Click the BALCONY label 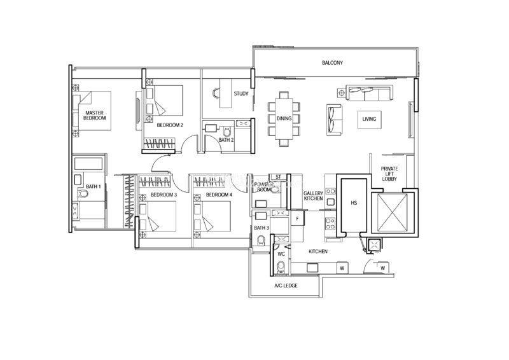coord(332,63)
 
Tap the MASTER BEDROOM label coord(94,115)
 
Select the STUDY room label coord(241,93)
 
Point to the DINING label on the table coord(284,118)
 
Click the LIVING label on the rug coord(369,119)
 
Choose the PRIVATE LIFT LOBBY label coord(389,174)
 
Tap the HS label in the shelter coord(354,203)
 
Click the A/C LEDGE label coord(286,286)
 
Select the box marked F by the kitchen coord(297,218)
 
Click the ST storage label coord(278,177)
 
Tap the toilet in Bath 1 coord(83,194)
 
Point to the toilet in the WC coord(281,267)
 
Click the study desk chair coord(216,93)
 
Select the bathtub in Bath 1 coord(88,163)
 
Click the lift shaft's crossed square coord(393,212)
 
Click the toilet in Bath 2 coord(227,132)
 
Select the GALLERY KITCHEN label coord(313,196)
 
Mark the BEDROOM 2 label coord(170,125)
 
